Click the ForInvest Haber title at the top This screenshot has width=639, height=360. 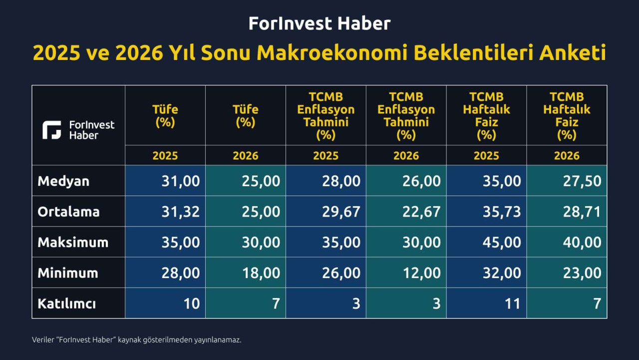pos(319,23)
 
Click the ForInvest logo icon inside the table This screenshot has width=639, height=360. pos(51,130)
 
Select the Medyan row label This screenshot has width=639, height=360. pos(63,181)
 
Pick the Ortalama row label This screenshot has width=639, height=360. pos(68,212)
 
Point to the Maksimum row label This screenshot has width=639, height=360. pos(73,242)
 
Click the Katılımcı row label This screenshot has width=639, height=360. pos(67,304)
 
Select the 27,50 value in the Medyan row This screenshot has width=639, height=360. pos(582,181)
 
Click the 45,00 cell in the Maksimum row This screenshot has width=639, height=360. pos(502,242)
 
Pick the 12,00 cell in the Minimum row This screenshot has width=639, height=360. pos(422,273)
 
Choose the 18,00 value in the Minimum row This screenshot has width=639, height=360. pos(261,273)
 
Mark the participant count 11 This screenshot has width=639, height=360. pos(513,304)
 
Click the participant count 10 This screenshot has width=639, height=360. pos(191,304)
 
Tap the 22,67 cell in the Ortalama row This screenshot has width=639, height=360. pos(422,212)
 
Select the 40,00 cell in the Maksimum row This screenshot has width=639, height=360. pos(582,242)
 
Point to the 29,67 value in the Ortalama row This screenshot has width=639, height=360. pos(341,212)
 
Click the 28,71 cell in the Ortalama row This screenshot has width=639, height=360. pos(582,212)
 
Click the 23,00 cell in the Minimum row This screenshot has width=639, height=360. pos(582,273)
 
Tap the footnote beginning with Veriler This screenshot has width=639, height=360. pos(137,340)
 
